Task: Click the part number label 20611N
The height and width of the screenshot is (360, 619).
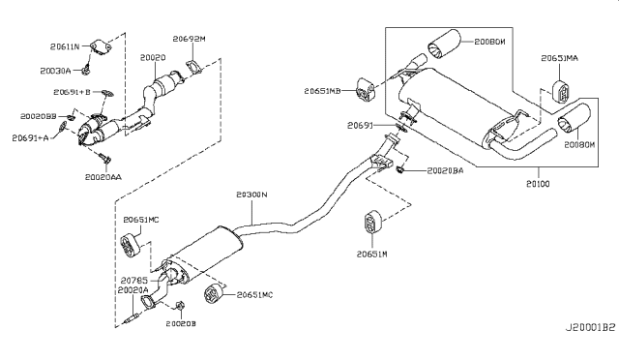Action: [x=66, y=45]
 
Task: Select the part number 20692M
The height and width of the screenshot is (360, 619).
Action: [x=189, y=40]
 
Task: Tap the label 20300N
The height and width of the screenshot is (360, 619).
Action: [x=251, y=195]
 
